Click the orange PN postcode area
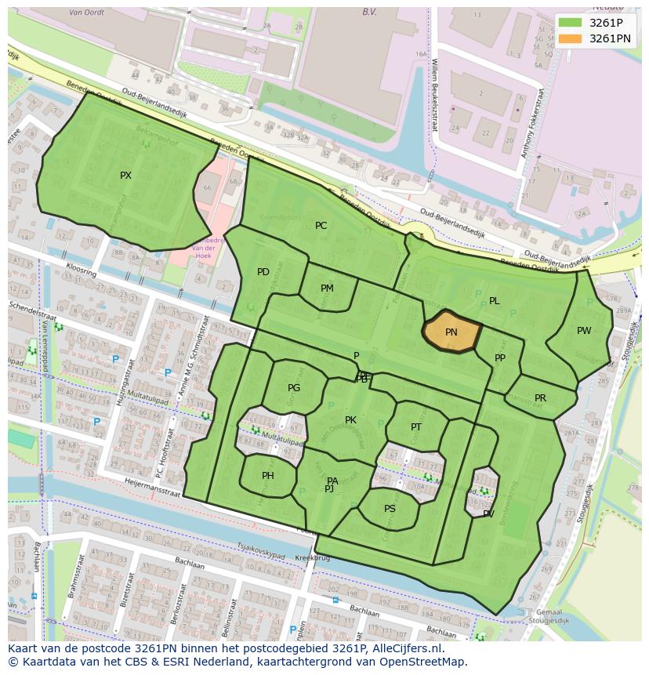pyautogui.click(x=451, y=332)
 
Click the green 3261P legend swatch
pyautogui.click(x=570, y=22)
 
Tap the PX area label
pyautogui.click(x=125, y=176)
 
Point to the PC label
pyautogui.click(x=321, y=226)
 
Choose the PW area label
pyautogui.click(x=584, y=331)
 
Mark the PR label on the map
pyautogui.click(x=540, y=398)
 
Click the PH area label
pyautogui.click(x=268, y=476)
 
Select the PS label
pyautogui.click(x=390, y=509)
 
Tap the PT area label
pyautogui.click(x=416, y=427)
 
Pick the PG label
pyautogui.click(x=294, y=388)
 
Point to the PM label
pyautogui.click(x=327, y=289)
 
